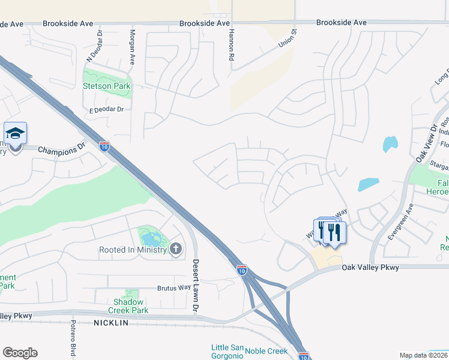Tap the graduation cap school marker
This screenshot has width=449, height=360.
click(15, 133)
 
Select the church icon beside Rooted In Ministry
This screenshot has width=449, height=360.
click(176, 249)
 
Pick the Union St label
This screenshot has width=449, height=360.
click(288, 40)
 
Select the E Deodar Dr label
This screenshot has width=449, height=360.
click(106, 109)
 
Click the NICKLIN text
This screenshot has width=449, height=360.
click(111, 323)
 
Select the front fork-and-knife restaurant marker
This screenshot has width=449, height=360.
click(334, 232)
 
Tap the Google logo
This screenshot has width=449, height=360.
click(20, 353)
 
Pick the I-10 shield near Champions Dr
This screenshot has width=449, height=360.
click(104, 146)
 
